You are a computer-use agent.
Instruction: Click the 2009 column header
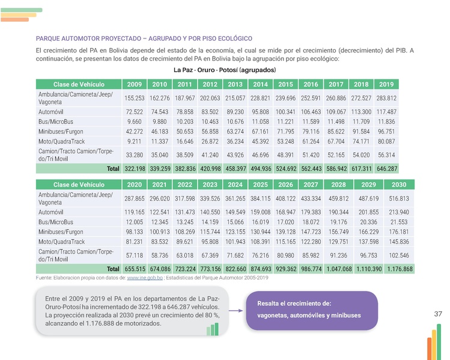click(x=135, y=84)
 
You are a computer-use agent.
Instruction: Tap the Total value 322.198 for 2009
click(x=135, y=169)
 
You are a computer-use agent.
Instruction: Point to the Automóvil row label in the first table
click(x=50, y=112)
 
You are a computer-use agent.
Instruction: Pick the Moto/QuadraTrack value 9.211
click(x=135, y=141)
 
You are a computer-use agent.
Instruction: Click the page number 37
click(x=437, y=314)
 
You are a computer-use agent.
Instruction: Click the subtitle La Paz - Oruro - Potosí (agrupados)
click(x=224, y=70)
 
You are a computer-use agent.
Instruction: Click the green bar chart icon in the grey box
click(x=212, y=328)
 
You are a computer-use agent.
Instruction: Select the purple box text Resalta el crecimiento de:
click(x=294, y=304)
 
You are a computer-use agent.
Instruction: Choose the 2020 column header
click(x=135, y=184)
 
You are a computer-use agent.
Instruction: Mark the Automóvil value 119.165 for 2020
click(x=135, y=212)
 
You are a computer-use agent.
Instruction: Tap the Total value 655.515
click(x=135, y=269)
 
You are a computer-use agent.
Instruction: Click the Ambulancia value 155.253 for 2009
click(x=135, y=98)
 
